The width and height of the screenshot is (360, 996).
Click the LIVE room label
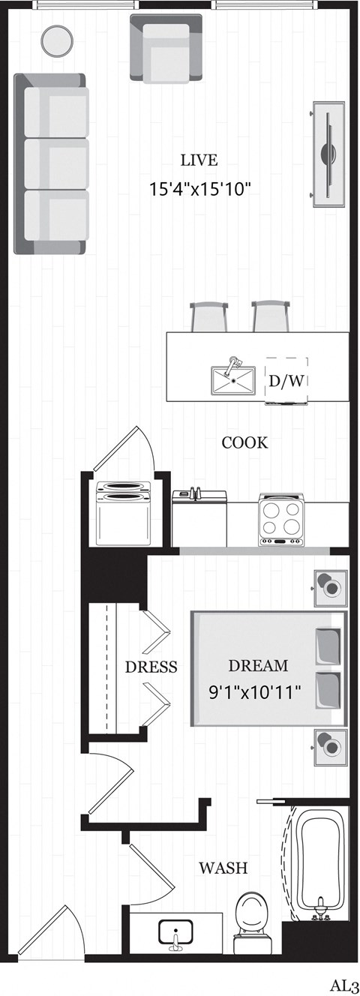pos(199,160)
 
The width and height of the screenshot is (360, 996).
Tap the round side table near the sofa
pos(55,40)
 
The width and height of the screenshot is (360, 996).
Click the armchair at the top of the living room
pos(166,47)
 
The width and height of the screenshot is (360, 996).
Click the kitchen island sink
pos(234,379)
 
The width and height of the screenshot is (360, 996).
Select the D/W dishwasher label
pos(286,380)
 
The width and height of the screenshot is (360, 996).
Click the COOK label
pos(244,442)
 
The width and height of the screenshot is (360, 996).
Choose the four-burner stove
pos(281,518)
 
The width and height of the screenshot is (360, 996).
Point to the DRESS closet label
pos(151,667)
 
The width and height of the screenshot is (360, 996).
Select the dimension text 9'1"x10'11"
pos(256,691)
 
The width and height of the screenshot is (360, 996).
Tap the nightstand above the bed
pos(330,586)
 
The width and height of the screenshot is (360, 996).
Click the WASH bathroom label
pos(223,868)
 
